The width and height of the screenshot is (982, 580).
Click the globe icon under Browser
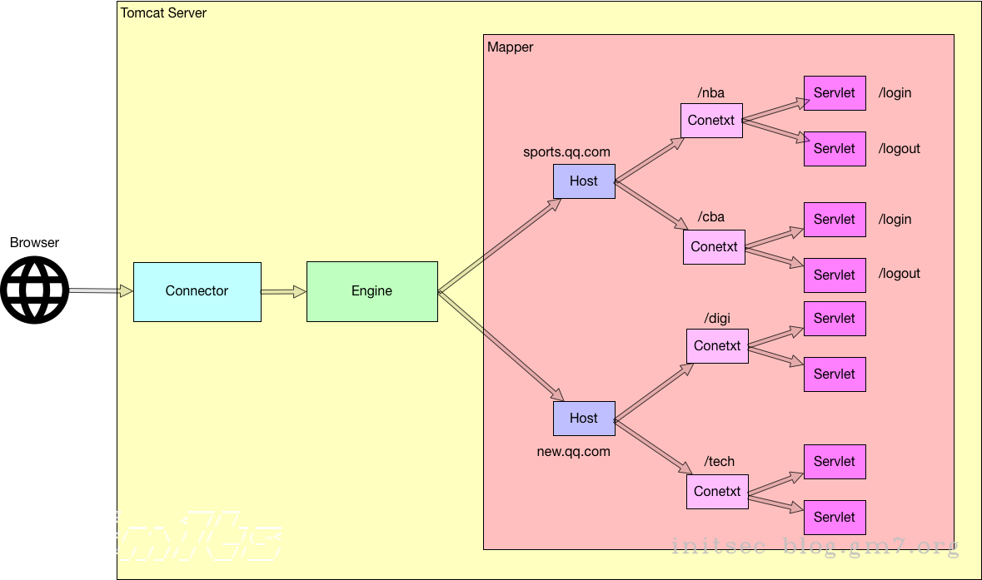[x=35, y=290]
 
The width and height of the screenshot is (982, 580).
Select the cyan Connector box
[x=197, y=291]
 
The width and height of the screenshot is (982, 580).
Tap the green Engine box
[x=371, y=291]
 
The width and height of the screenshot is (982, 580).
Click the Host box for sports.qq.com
[x=584, y=181]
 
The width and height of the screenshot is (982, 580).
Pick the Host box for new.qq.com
[x=584, y=419]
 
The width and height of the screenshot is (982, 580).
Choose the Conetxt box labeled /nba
[x=711, y=121]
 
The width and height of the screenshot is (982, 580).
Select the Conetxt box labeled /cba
[x=714, y=247]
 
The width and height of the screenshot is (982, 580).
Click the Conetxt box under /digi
[x=717, y=345]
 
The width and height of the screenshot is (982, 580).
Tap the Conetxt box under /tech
[x=717, y=491]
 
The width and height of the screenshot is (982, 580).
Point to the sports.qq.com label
[x=566, y=152]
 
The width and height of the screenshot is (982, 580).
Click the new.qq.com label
[x=573, y=452]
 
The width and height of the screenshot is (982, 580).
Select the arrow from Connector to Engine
[x=284, y=291]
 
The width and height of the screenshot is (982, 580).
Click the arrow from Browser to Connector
[x=101, y=290]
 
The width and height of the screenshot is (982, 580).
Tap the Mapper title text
[x=510, y=47]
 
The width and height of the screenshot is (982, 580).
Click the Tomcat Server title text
[x=163, y=13]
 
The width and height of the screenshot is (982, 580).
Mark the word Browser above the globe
[x=35, y=243]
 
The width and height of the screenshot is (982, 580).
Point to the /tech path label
[x=720, y=462]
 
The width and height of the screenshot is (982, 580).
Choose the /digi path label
[x=717, y=317]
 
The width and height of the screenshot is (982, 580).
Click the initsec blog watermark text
[x=815, y=547]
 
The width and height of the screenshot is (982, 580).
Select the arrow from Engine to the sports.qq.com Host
[x=500, y=245]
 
